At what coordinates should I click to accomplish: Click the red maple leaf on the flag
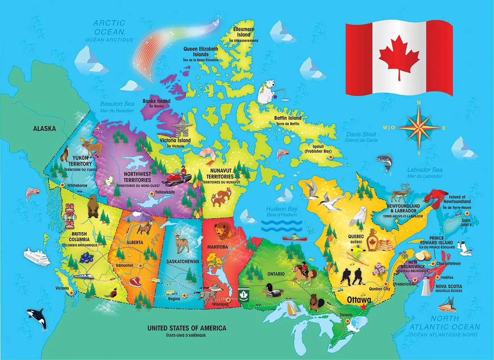tap(399, 56)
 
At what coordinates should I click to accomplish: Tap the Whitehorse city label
tap(77, 186)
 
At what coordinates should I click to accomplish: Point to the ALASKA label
tap(44, 128)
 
